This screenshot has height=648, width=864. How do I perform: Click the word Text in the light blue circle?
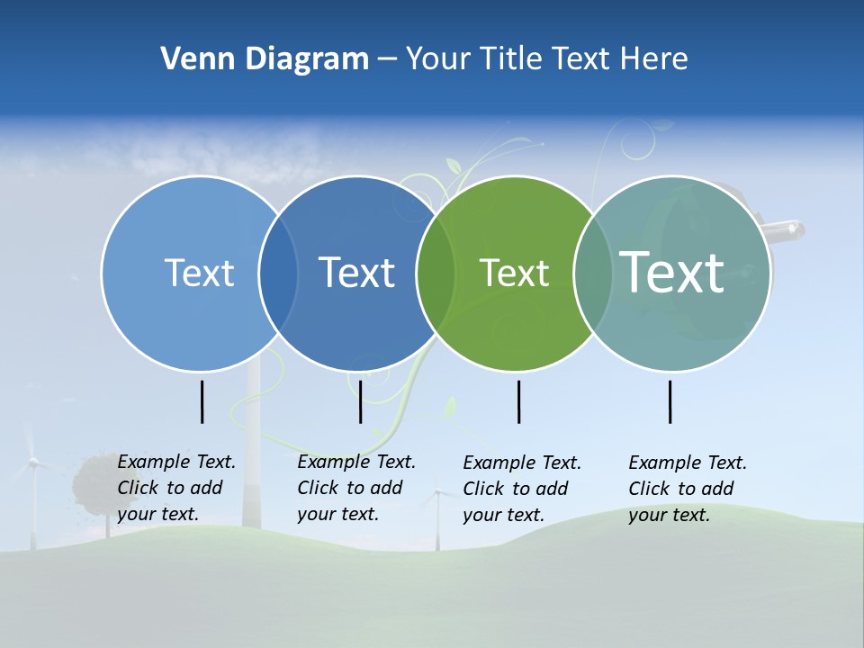[x=199, y=273]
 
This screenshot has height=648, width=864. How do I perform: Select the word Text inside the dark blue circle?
[x=357, y=273]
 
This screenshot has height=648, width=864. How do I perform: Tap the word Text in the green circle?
[x=514, y=273]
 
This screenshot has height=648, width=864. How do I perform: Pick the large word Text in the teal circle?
[x=672, y=272]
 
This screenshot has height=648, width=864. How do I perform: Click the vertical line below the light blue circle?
[x=202, y=401]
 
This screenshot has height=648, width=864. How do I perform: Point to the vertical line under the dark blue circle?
[x=360, y=401]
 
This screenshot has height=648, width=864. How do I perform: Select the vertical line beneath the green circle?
[x=518, y=401]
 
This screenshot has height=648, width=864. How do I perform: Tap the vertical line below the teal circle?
[x=670, y=401]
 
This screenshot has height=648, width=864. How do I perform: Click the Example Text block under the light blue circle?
[x=176, y=488]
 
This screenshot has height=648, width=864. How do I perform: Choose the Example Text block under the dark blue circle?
[x=356, y=488]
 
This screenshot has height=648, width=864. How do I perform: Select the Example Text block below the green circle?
[x=522, y=489]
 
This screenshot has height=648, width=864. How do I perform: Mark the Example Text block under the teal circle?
[x=688, y=489]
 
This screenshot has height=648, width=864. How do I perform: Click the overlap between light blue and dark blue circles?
[x=278, y=273]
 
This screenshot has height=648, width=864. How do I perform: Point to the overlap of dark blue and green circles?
[x=436, y=273]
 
